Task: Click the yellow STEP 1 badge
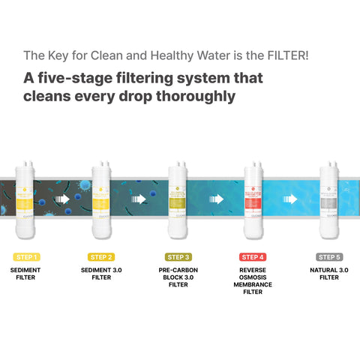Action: (26, 256)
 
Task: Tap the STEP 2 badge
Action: (101, 256)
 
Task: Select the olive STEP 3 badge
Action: (178, 256)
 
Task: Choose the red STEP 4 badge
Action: (253, 256)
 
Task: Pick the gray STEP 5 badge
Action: (329, 256)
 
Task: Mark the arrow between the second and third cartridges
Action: (139, 200)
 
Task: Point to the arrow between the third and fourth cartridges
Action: (215, 200)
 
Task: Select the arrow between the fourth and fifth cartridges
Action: (291, 200)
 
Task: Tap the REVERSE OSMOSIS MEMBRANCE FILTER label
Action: (253, 280)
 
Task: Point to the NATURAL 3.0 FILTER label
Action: (329, 272)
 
